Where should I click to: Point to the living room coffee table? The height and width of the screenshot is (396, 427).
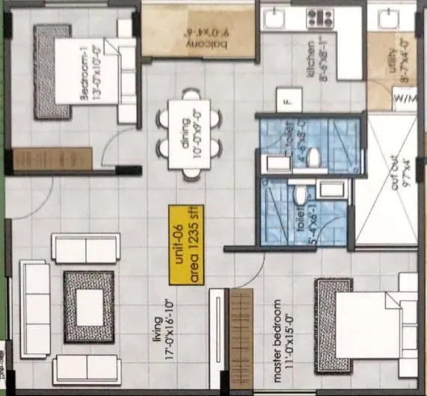(88, 308)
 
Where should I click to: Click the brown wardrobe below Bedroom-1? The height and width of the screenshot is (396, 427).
(53, 159)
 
